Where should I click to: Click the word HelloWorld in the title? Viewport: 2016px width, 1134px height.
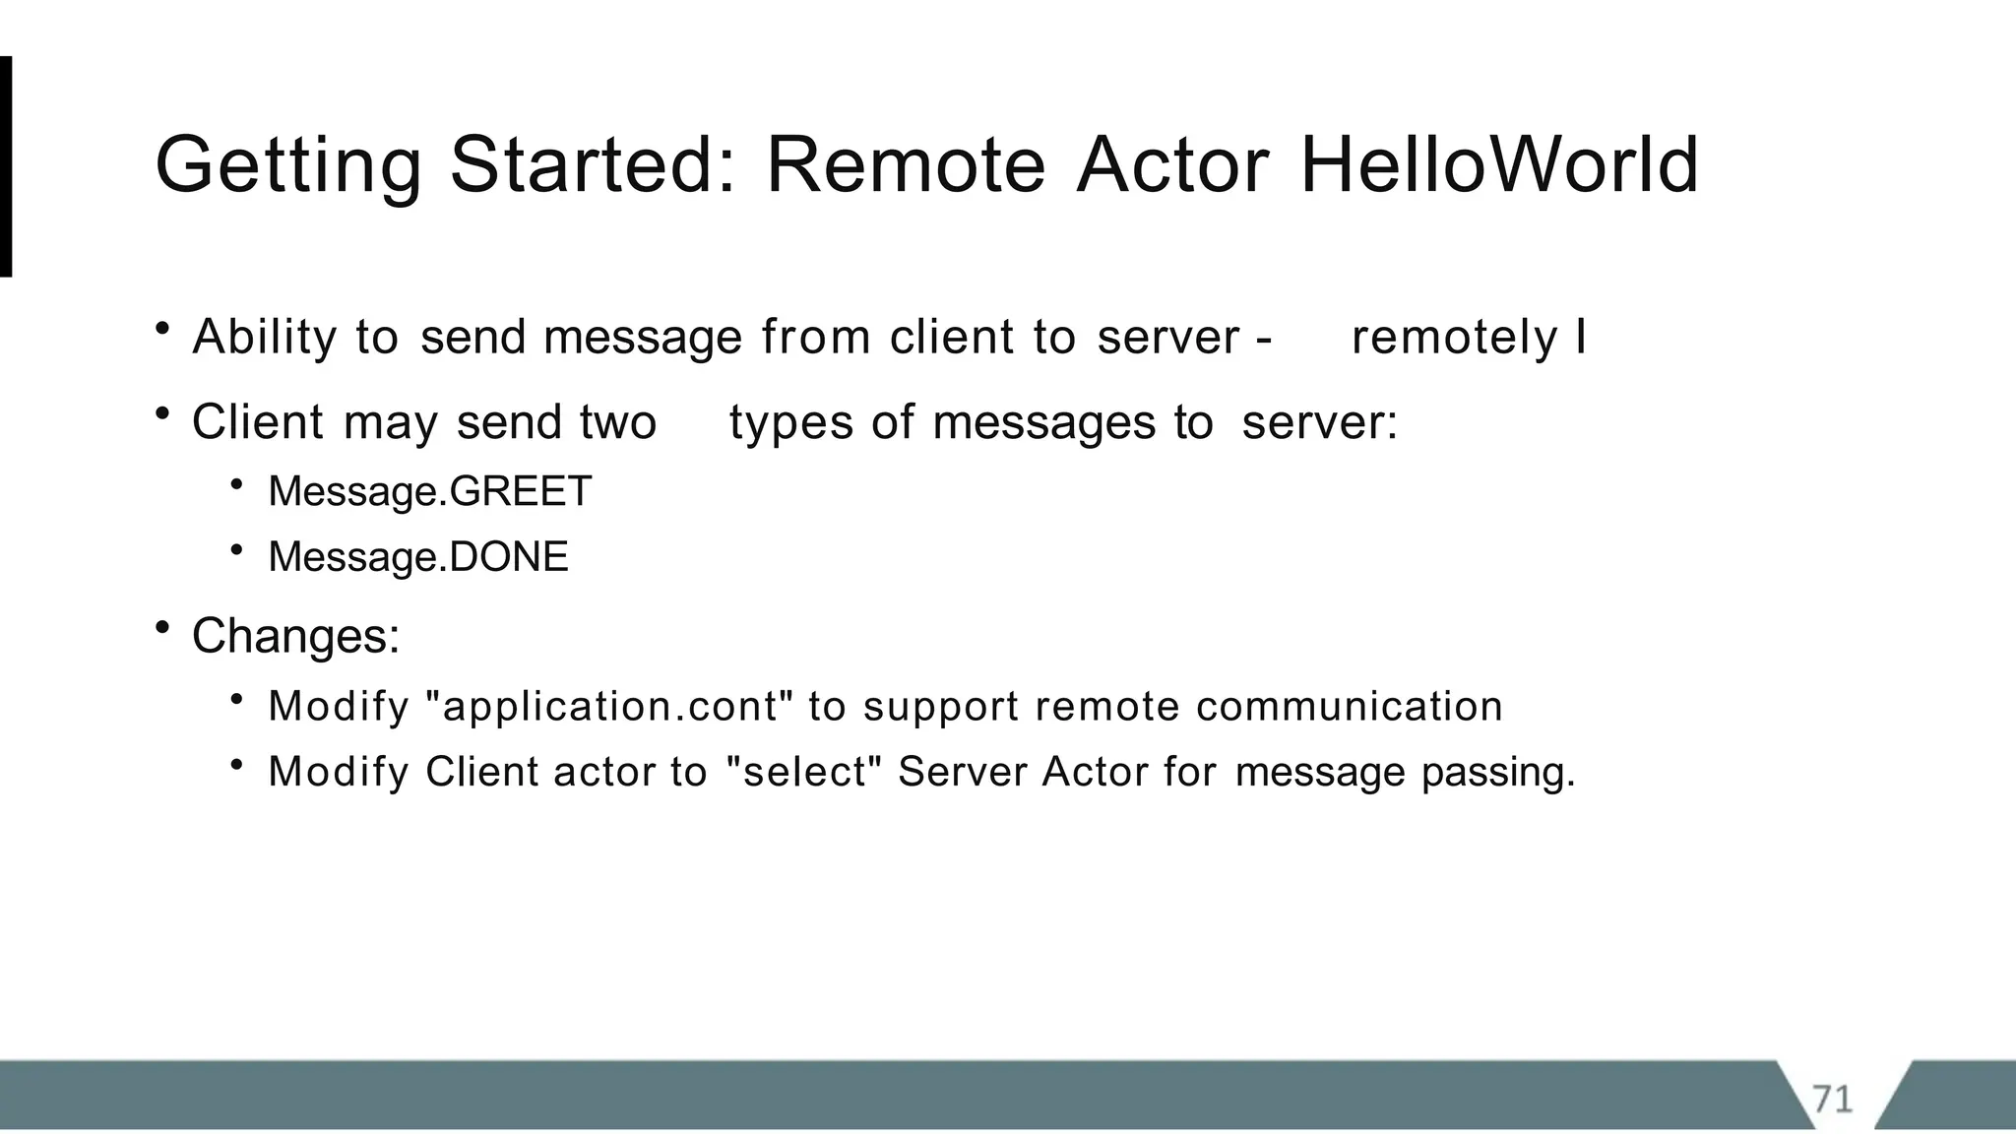pos(1499,164)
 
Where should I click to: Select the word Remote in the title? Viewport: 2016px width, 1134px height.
pos(906,164)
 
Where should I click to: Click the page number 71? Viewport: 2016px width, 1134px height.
pos(1832,1098)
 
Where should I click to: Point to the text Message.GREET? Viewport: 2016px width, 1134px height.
pos(429,491)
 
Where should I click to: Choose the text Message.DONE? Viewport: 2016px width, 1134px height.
pos(418,557)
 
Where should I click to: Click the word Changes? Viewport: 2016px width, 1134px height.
pos(295,636)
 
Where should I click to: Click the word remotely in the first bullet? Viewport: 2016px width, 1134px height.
pos(1454,338)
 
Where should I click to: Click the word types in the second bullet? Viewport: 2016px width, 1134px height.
pos(790,424)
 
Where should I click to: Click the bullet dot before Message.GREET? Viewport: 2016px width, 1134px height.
pos(236,483)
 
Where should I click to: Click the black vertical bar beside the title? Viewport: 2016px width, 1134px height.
pos(6,166)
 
